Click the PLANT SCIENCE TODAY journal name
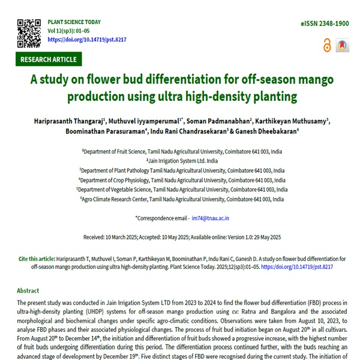[x=74, y=22]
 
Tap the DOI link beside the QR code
[x=86, y=40]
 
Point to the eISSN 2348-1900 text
[x=325, y=23]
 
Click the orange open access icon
[x=326, y=46]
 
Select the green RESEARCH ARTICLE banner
[x=49, y=59]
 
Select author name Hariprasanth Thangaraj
[x=65, y=122]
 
